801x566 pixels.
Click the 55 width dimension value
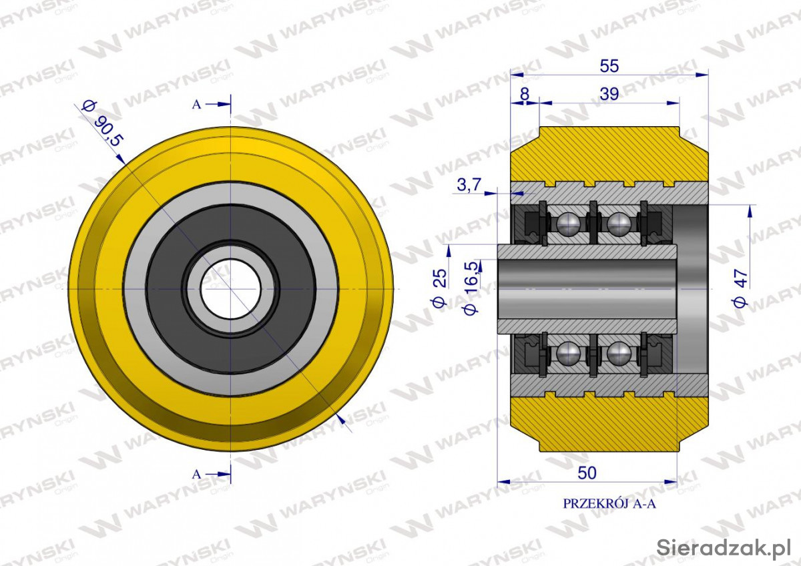click(609, 66)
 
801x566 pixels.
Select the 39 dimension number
click(609, 94)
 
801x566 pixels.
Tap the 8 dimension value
click(525, 94)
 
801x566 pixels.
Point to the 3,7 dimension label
click(469, 185)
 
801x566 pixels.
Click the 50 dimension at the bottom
click(587, 473)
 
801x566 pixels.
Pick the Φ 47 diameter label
click(740, 288)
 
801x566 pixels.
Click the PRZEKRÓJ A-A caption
click(609, 504)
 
